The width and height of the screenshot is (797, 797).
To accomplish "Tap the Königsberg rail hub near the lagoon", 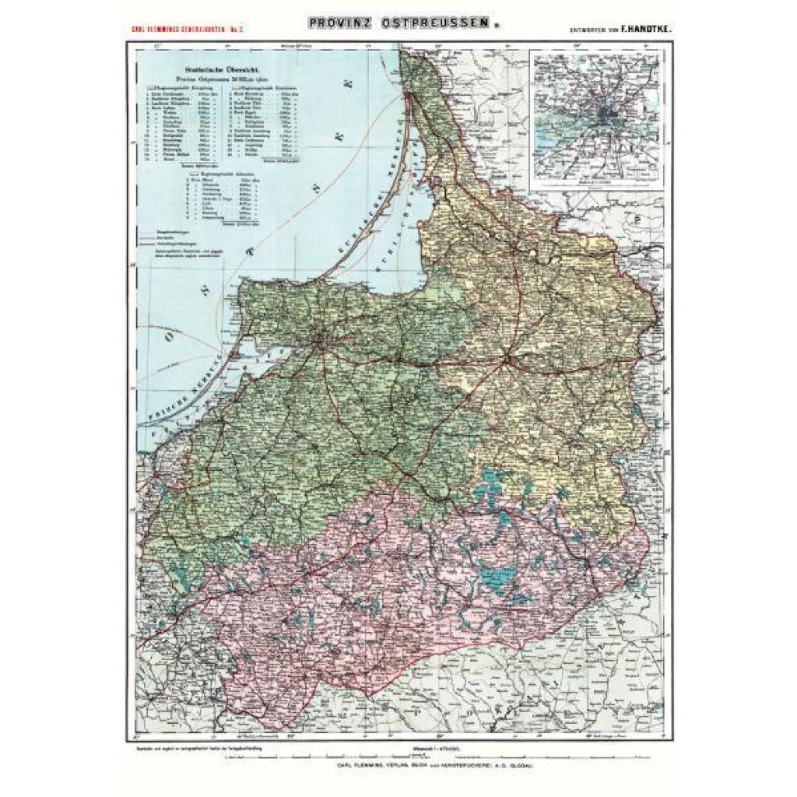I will (x=321, y=339).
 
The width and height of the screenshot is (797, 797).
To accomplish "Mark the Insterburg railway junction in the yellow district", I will (x=506, y=360).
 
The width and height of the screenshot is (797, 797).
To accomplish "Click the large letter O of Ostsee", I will (x=169, y=336).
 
